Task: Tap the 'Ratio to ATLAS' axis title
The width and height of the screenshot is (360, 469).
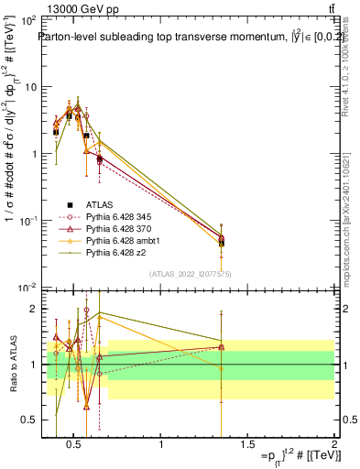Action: pos(13,365)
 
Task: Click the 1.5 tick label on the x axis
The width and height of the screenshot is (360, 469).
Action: pos(247,446)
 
